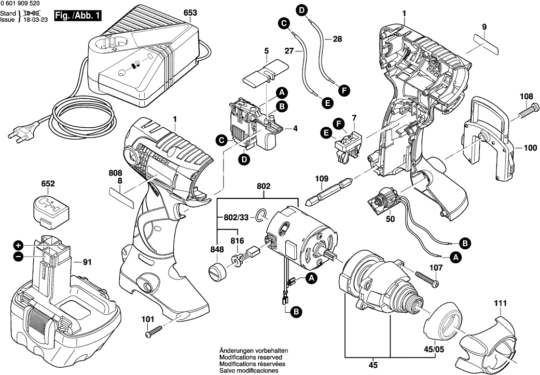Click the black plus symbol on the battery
18,245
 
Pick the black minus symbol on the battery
18,256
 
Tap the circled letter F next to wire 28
342,90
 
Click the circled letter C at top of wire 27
283,23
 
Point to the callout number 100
530,148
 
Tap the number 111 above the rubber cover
500,303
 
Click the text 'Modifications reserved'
250,358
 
